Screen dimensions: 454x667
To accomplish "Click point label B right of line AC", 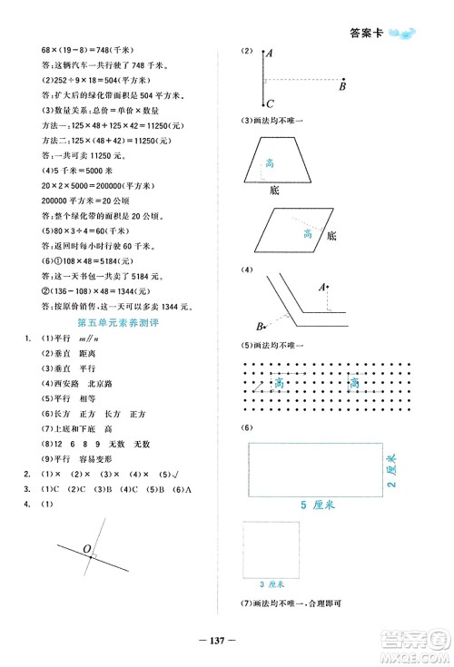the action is (342, 87).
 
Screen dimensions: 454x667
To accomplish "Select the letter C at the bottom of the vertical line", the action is (267, 103).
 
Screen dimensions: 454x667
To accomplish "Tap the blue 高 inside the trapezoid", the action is (270, 163).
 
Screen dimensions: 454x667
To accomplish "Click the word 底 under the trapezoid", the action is (274, 191).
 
